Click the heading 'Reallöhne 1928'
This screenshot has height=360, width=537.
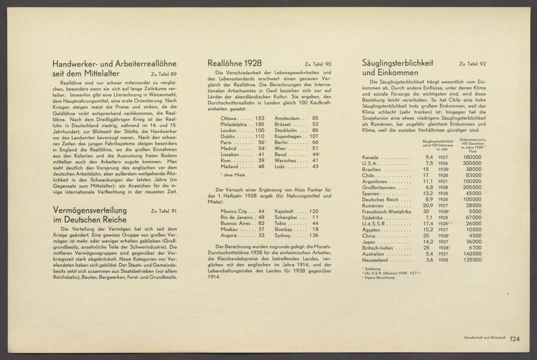[x=235, y=63]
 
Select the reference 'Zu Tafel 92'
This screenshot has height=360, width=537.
[x=472, y=64]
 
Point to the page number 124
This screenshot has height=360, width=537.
[x=515, y=339]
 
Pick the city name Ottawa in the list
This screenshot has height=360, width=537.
[x=228, y=118]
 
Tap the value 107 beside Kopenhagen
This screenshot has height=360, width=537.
[x=314, y=136]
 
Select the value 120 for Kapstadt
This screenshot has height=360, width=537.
[x=314, y=211]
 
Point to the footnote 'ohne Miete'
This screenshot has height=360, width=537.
[x=234, y=175]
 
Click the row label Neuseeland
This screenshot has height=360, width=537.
[x=375, y=260]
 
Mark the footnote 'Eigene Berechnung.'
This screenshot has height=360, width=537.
[x=379, y=277]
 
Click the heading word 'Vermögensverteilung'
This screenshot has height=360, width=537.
[x=90, y=210]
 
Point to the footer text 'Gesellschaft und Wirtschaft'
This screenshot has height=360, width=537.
[x=484, y=338]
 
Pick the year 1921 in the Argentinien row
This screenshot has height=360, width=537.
[x=443, y=181]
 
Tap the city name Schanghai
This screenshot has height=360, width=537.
[x=286, y=217]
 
